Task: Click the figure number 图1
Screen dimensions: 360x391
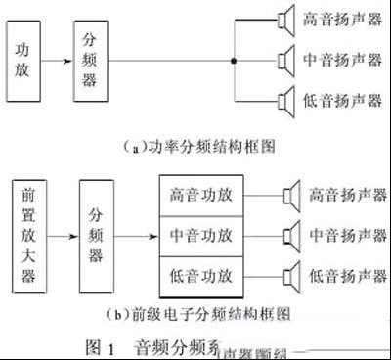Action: (x=96, y=345)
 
